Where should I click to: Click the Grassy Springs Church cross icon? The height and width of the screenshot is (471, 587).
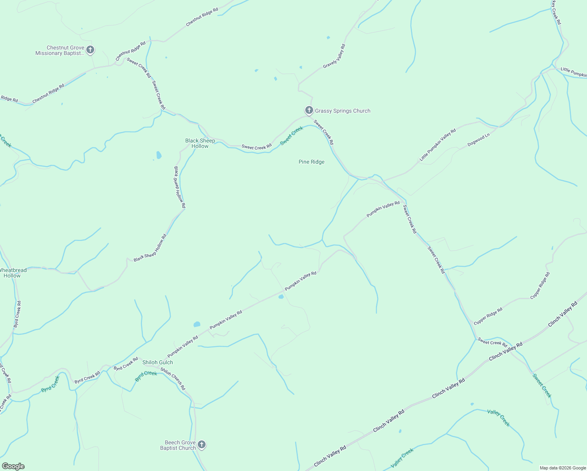point(309,110)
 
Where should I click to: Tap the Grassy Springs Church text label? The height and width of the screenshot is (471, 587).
point(343,111)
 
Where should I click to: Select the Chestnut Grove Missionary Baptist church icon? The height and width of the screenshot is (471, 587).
point(90,50)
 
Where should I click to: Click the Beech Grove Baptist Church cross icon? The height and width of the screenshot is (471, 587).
point(201,444)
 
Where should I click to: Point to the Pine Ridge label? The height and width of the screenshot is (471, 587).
point(312,162)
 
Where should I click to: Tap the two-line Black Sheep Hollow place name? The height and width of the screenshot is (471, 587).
point(200,143)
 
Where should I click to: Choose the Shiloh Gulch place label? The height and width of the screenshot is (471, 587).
point(157,362)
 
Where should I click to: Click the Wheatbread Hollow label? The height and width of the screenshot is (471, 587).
point(12,273)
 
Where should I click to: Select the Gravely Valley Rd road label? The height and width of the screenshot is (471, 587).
point(334,57)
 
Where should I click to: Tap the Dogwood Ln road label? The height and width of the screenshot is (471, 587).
point(479,140)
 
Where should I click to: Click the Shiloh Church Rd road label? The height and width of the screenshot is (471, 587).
point(173,379)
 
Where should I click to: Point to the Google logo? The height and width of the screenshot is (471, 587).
point(13,466)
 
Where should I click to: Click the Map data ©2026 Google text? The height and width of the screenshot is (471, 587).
point(563,468)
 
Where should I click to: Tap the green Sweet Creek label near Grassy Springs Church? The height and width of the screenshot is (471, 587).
point(292,135)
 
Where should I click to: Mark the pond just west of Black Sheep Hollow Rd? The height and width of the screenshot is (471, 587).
point(159,155)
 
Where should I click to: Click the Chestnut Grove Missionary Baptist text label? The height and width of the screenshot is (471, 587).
point(60,50)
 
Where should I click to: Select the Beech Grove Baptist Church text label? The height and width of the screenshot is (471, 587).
point(178,445)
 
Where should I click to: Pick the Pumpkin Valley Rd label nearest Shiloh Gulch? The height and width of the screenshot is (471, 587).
point(183,347)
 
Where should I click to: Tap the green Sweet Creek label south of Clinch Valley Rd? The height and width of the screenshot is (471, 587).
point(542,385)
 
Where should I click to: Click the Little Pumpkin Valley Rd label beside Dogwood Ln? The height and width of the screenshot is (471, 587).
point(438,145)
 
